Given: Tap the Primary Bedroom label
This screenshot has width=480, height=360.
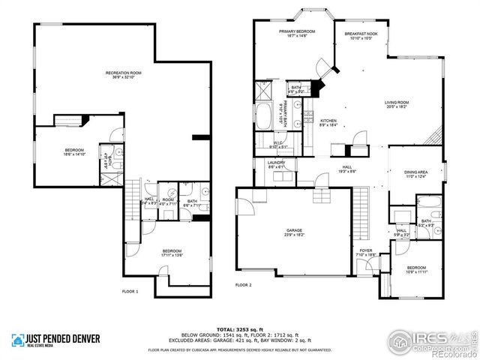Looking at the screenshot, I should [x=296, y=33].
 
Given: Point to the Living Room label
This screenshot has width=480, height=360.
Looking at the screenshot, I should [x=396, y=104].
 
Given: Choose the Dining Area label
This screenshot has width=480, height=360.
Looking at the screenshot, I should [x=415, y=173].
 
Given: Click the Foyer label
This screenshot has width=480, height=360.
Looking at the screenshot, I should [x=366, y=253].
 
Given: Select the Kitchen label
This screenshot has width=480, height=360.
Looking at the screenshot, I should [x=328, y=123].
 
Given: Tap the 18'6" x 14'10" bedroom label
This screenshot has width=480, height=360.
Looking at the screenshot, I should [x=73, y=153].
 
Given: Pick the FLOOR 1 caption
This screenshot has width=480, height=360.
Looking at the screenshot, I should [x=130, y=290].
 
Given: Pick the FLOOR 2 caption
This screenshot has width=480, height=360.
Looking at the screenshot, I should [x=244, y=286].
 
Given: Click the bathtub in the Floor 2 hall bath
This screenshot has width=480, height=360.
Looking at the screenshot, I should [x=427, y=202].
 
